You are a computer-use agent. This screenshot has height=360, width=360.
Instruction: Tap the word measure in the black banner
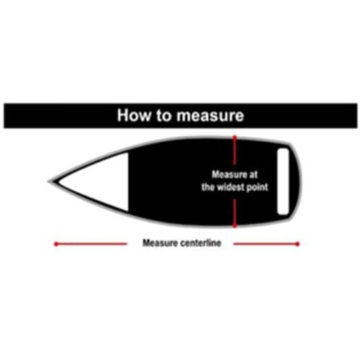pyautogui.click(x=210, y=116)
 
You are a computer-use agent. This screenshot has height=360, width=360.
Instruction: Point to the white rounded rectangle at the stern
pyautogui.click(x=283, y=181)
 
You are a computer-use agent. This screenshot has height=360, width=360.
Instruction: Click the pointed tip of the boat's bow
pyautogui.click(x=48, y=181)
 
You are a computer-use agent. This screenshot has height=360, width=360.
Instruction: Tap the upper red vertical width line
pyautogui.click(x=235, y=151)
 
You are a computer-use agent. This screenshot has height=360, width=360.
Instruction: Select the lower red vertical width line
pyautogui.click(x=235, y=213)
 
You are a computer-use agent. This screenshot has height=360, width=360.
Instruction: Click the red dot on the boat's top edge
pyautogui.click(x=235, y=138)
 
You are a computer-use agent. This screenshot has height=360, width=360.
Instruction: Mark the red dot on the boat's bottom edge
pyautogui.click(x=235, y=226)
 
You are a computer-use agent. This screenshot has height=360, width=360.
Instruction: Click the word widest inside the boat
pyautogui.click(x=230, y=186)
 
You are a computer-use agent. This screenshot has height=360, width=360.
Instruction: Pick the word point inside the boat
pyautogui.click(x=257, y=187)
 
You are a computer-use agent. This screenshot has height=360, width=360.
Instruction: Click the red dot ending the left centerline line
pyautogui.click(x=56, y=244)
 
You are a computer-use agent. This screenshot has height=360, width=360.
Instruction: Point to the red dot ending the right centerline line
pyautogui.click(x=297, y=244)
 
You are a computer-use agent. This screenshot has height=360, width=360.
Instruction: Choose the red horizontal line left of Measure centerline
pyautogui.click(x=91, y=244)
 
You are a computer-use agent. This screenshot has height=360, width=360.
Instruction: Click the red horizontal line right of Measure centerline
pyautogui.click(x=266, y=244)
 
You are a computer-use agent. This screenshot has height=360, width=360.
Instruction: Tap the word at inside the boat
pyautogui.click(x=253, y=174)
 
